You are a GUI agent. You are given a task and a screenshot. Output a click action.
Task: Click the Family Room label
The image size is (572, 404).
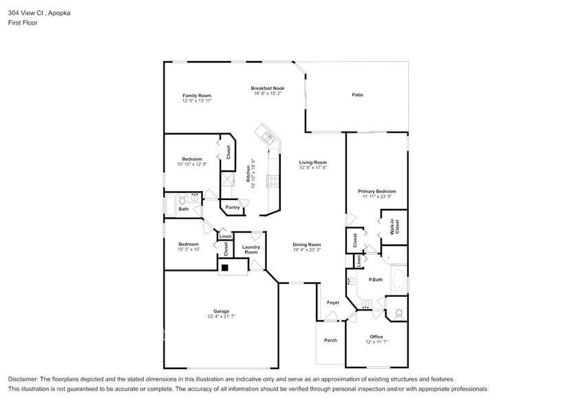tap(196, 96)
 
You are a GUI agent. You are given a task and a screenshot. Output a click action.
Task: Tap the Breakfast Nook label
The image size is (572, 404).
tap(267, 88)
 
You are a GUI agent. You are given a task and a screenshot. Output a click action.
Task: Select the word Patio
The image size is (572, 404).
tap(357, 95)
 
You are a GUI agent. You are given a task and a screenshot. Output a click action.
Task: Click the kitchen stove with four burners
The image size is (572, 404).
tap(273, 181)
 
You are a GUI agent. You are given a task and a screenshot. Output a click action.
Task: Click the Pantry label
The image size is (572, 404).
tap(232, 207)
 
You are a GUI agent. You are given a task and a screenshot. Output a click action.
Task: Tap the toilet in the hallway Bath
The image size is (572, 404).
tap(181, 200)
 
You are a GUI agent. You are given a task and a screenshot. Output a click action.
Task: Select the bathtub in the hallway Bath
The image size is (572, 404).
tap(170, 205)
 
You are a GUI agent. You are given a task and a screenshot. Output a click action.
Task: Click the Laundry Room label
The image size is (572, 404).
tap(251, 249)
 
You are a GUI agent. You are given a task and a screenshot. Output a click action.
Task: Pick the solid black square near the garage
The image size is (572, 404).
tap(224, 267)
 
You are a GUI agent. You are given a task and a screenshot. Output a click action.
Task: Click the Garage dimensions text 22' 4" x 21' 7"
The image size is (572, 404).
tap(221, 316)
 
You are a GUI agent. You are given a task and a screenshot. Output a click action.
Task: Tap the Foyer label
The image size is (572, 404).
tap(333, 302)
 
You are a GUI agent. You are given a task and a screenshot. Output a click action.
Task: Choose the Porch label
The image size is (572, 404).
tap(330, 340)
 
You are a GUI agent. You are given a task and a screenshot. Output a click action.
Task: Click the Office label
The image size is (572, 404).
tap(376, 337)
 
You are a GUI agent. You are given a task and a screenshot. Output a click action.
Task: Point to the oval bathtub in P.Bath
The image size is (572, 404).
tap(399, 280)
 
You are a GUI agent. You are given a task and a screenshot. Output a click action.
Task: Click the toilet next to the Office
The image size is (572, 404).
tap(399, 313)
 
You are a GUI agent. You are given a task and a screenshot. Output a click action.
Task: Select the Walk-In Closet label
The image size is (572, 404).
tap(394, 227)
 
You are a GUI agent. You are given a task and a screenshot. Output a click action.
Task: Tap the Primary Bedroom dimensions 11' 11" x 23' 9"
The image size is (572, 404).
tap(377, 197)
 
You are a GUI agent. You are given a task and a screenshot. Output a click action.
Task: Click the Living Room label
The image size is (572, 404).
tap(313, 163)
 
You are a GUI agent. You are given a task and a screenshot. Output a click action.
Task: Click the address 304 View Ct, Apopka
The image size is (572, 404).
tap(39, 12)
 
